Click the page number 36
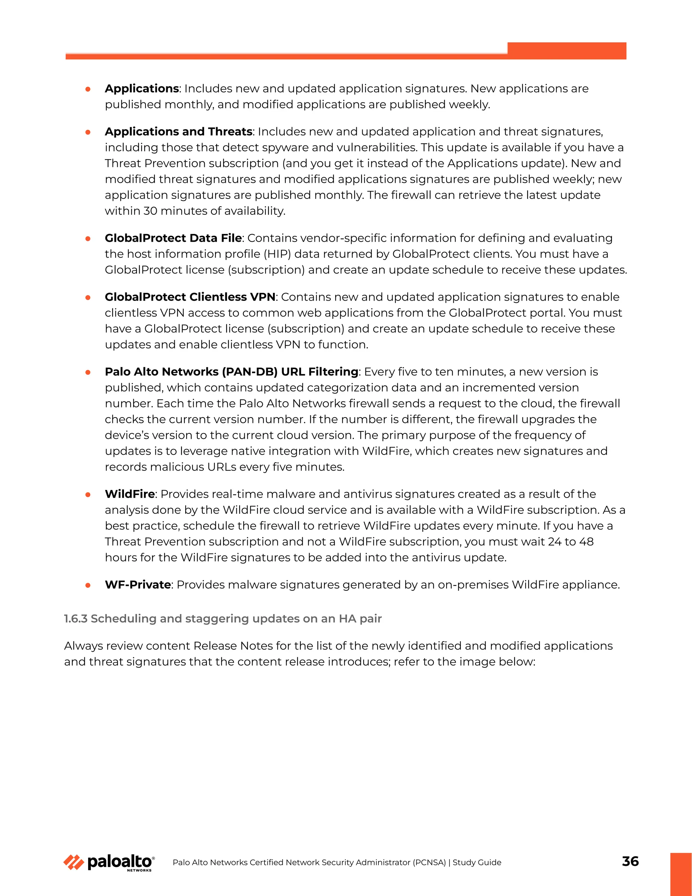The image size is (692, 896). click(x=630, y=861)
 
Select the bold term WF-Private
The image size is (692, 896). click(x=138, y=585)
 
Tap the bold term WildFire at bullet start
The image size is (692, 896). click(x=129, y=494)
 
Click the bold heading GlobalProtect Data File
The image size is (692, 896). click(x=173, y=238)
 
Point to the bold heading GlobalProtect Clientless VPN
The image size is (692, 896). click(x=190, y=297)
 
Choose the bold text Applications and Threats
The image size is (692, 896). click(x=178, y=131)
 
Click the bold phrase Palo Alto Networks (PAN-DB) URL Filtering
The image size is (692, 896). click(x=231, y=372)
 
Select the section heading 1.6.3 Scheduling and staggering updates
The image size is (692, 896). click(x=223, y=619)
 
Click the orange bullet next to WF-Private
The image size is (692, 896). click(x=88, y=585)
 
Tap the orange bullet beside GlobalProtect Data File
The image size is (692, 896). click(x=88, y=239)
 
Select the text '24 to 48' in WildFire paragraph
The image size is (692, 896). click(x=571, y=542)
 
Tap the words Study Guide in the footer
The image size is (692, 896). click(x=477, y=863)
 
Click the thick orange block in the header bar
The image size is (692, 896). click(x=567, y=50)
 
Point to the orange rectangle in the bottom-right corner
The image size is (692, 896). click(x=681, y=874)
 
